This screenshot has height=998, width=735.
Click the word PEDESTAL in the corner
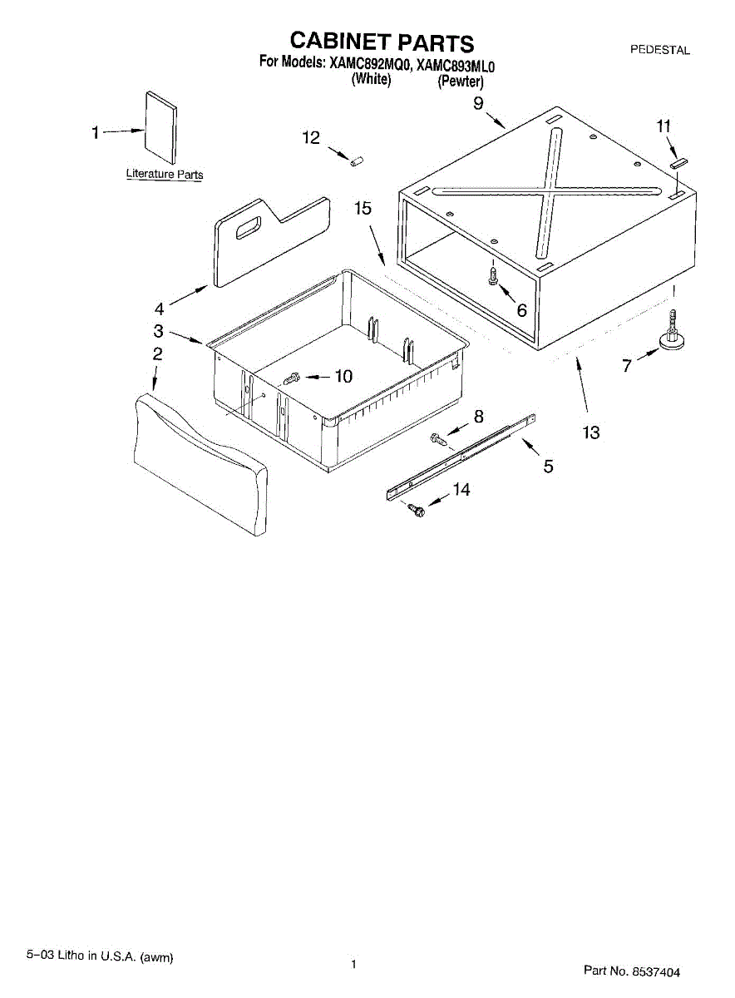coord(659,50)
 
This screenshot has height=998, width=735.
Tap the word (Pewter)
coord(461,81)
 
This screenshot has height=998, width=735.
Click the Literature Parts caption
coord(164,175)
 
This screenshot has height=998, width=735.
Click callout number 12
coord(310,138)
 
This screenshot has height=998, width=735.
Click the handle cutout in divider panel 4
coord(248,226)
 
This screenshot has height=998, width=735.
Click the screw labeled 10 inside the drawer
coord(290,379)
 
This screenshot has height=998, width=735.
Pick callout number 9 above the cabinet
coord(479,103)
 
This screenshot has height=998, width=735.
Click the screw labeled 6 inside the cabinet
coord(493,275)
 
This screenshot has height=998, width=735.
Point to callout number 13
coord(590,432)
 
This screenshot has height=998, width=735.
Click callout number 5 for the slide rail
coord(548,467)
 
